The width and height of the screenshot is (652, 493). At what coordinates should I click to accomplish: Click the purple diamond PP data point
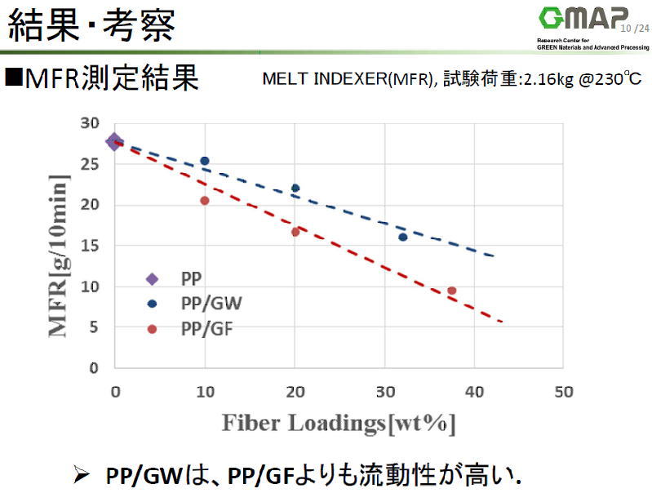(114, 141)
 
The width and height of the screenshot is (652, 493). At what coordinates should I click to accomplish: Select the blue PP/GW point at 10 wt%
(205, 161)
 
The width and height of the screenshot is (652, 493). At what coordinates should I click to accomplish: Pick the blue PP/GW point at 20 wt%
(295, 188)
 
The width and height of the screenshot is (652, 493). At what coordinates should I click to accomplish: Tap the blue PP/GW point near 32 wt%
(403, 237)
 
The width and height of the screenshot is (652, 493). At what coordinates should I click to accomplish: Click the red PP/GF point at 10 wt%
(205, 201)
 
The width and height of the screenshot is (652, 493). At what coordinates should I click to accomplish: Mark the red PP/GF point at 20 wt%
(295, 232)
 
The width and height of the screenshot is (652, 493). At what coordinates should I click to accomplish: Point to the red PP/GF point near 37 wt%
(452, 291)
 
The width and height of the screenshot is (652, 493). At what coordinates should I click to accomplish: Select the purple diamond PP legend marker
(152, 279)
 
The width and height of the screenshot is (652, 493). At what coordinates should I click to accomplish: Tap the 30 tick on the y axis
(89, 123)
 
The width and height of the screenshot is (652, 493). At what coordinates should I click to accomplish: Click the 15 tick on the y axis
(89, 246)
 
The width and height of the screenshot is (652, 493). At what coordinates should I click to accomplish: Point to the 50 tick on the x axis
(562, 391)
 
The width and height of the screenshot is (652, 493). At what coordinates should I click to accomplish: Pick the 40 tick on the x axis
(473, 391)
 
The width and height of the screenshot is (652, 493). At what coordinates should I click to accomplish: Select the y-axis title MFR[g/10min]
(62, 245)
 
